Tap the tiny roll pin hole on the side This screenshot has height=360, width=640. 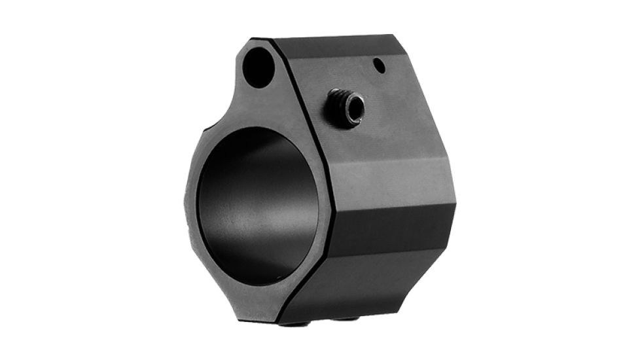point(379,64)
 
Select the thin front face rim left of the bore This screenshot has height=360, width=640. point(190,203)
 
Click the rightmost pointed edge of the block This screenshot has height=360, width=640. point(455,209)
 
